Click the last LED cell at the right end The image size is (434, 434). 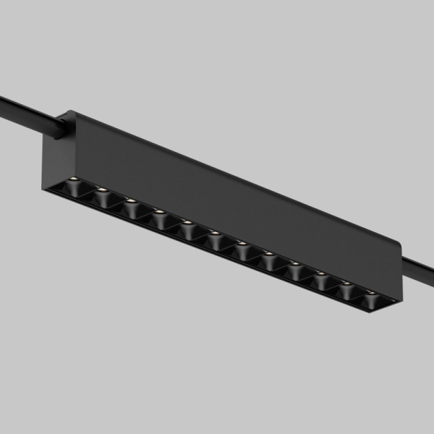pos(372,297)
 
